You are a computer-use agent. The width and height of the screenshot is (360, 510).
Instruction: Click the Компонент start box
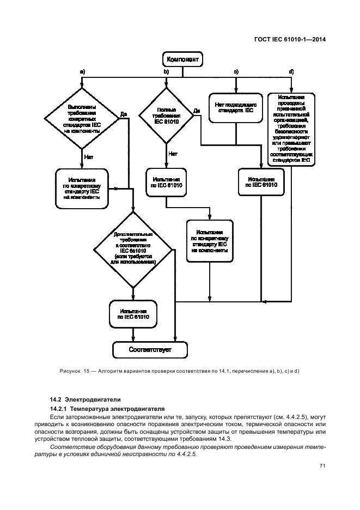[x=182, y=58]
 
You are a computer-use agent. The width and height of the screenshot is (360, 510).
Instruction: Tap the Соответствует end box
[x=150, y=349]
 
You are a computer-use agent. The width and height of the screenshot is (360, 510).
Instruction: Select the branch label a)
[x=82, y=72]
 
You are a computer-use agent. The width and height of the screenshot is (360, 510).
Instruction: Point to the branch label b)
[x=167, y=72]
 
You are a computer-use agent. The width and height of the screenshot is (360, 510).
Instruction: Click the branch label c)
[x=236, y=72]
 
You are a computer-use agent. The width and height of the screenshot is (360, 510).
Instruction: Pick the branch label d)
[x=291, y=72]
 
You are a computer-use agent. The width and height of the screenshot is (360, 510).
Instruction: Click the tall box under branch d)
[x=291, y=129]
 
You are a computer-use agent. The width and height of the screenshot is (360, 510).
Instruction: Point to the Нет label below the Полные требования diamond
[x=173, y=154]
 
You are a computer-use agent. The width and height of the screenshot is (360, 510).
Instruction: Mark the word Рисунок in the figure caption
[x=69, y=372]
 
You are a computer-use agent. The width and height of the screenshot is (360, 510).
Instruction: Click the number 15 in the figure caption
[x=86, y=372]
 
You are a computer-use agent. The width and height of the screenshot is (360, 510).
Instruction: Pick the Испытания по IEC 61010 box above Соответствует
[x=133, y=315]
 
